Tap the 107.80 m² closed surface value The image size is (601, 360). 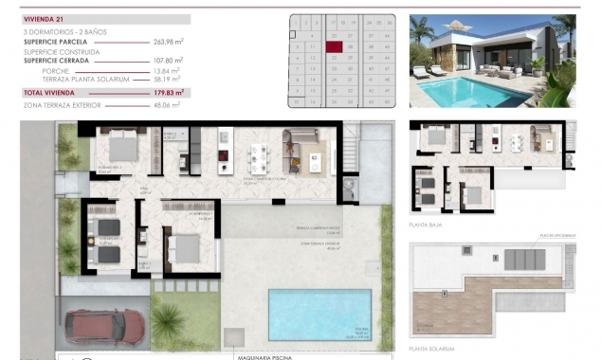click(167, 60)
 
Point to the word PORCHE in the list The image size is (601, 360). click(56, 71)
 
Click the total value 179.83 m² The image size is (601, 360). click(166, 93)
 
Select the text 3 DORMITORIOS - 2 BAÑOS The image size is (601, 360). click(64, 32)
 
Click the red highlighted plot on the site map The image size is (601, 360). click(333, 45)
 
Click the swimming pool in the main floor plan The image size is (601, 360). click(319, 314)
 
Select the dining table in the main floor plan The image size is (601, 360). click(258, 156)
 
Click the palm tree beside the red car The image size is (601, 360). click(170, 323)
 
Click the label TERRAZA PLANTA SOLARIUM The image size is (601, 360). click(80, 81)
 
